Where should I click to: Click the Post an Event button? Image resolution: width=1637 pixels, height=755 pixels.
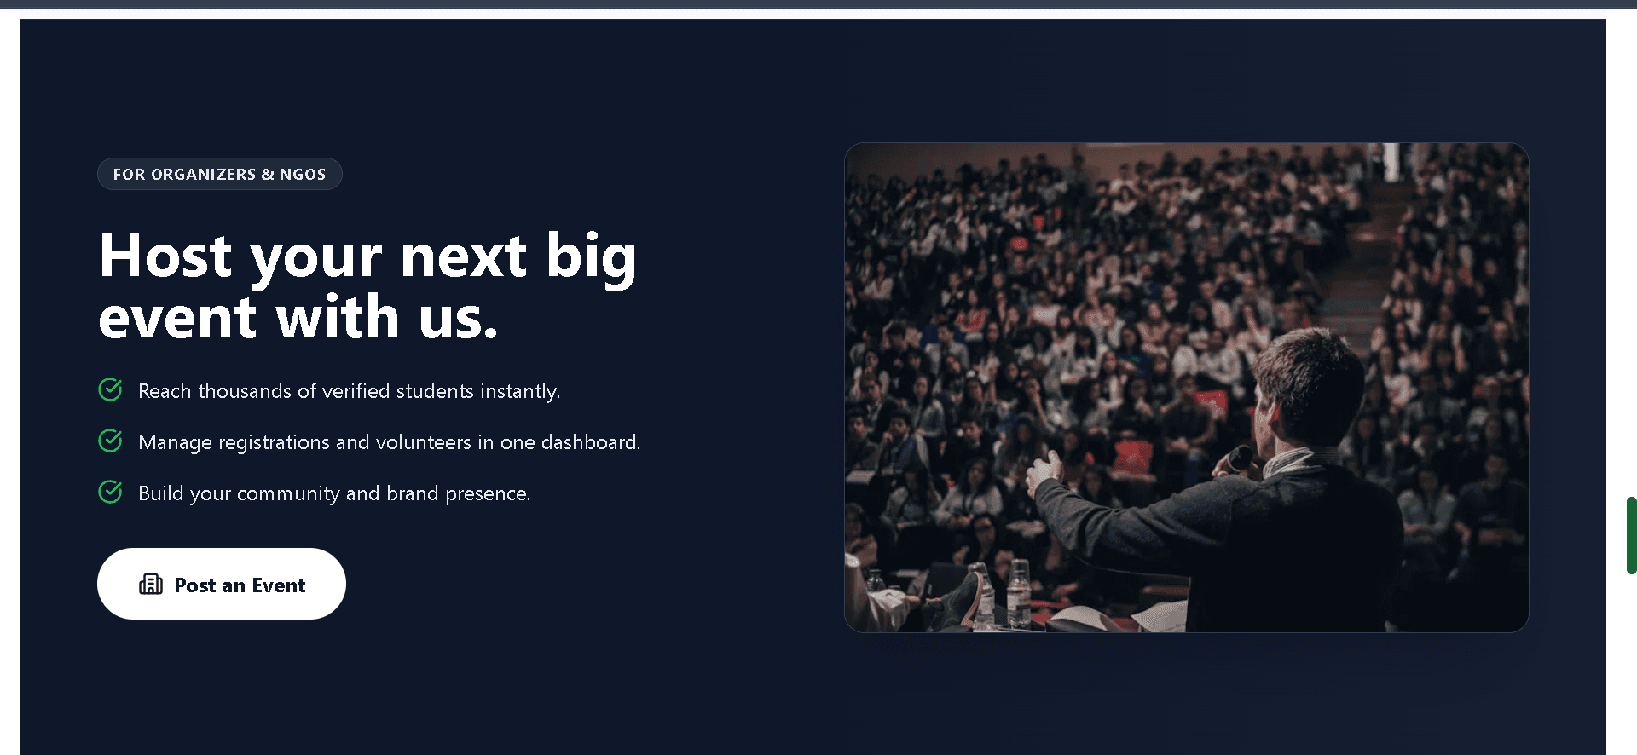[x=222, y=584]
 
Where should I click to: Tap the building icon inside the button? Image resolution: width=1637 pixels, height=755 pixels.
[x=151, y=584]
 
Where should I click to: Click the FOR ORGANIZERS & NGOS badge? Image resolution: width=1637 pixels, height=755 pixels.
[x=220, y=174]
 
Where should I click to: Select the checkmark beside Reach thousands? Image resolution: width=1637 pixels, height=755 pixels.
[x=110, y=389]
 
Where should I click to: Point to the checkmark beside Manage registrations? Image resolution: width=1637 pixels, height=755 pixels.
[x=110, y=441]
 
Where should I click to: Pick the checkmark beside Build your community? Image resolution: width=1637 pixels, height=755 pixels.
[x=110, y=492]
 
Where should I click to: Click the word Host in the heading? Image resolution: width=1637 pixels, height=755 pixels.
[x=165, y=256]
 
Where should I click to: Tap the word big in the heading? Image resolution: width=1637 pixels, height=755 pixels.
[x=591, y=258]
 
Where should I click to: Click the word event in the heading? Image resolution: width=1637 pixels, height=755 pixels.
[x=177, y=318]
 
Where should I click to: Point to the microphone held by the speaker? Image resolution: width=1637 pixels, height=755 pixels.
[x=1239, y=459]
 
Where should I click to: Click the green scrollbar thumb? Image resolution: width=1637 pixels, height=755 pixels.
[x=1631, y=535]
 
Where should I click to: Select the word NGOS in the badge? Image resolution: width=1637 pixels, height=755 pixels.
[x=303, y=174]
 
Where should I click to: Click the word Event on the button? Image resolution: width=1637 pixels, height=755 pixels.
[x=279, y=585]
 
